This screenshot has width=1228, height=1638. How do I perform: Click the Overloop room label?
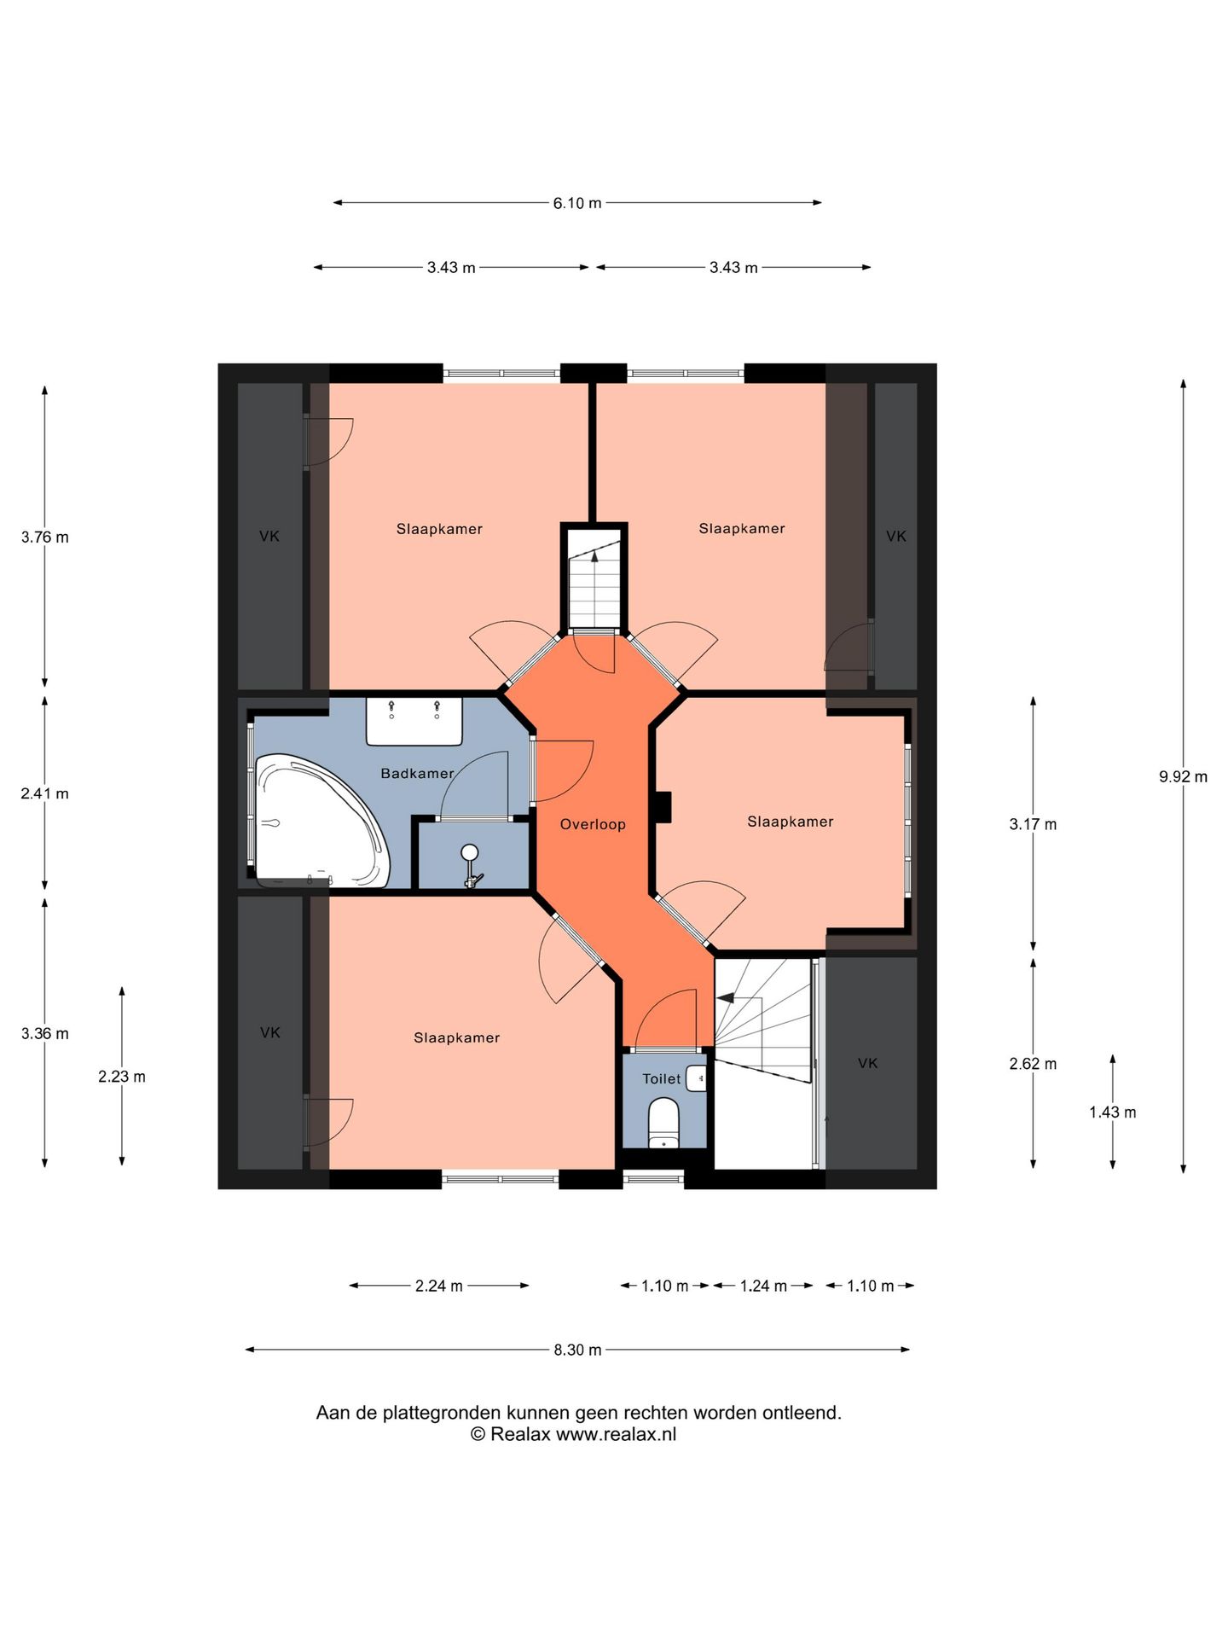[593, 824]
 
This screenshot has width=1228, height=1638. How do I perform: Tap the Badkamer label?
[417, 773]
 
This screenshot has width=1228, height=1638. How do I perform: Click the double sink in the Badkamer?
[414, 721]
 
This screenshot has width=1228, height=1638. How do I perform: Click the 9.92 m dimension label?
[1183, 776]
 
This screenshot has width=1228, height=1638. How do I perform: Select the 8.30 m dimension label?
[577, 1350]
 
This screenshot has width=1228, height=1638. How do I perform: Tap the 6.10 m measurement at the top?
[577, 203]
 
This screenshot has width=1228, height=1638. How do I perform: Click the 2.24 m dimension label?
[439, 1286]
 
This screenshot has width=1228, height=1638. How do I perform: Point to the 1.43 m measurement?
[1113, 1112]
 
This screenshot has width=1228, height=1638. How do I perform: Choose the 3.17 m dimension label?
[1033, 824]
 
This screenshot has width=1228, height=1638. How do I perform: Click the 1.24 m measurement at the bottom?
[763, 1286]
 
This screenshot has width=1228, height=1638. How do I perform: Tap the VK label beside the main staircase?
[868, 1063]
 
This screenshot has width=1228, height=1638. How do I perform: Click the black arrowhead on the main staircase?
[725, 997]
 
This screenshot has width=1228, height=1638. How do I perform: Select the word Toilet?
[662, 1079]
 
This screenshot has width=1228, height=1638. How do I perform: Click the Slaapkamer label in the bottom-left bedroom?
[457, 1037]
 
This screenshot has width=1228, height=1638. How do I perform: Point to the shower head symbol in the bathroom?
[470, 863]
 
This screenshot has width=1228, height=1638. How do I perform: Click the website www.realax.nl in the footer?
[616, 1434]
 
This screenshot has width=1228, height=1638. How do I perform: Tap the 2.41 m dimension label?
[45, 793]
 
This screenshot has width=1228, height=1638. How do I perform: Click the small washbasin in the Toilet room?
[697, 1078]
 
